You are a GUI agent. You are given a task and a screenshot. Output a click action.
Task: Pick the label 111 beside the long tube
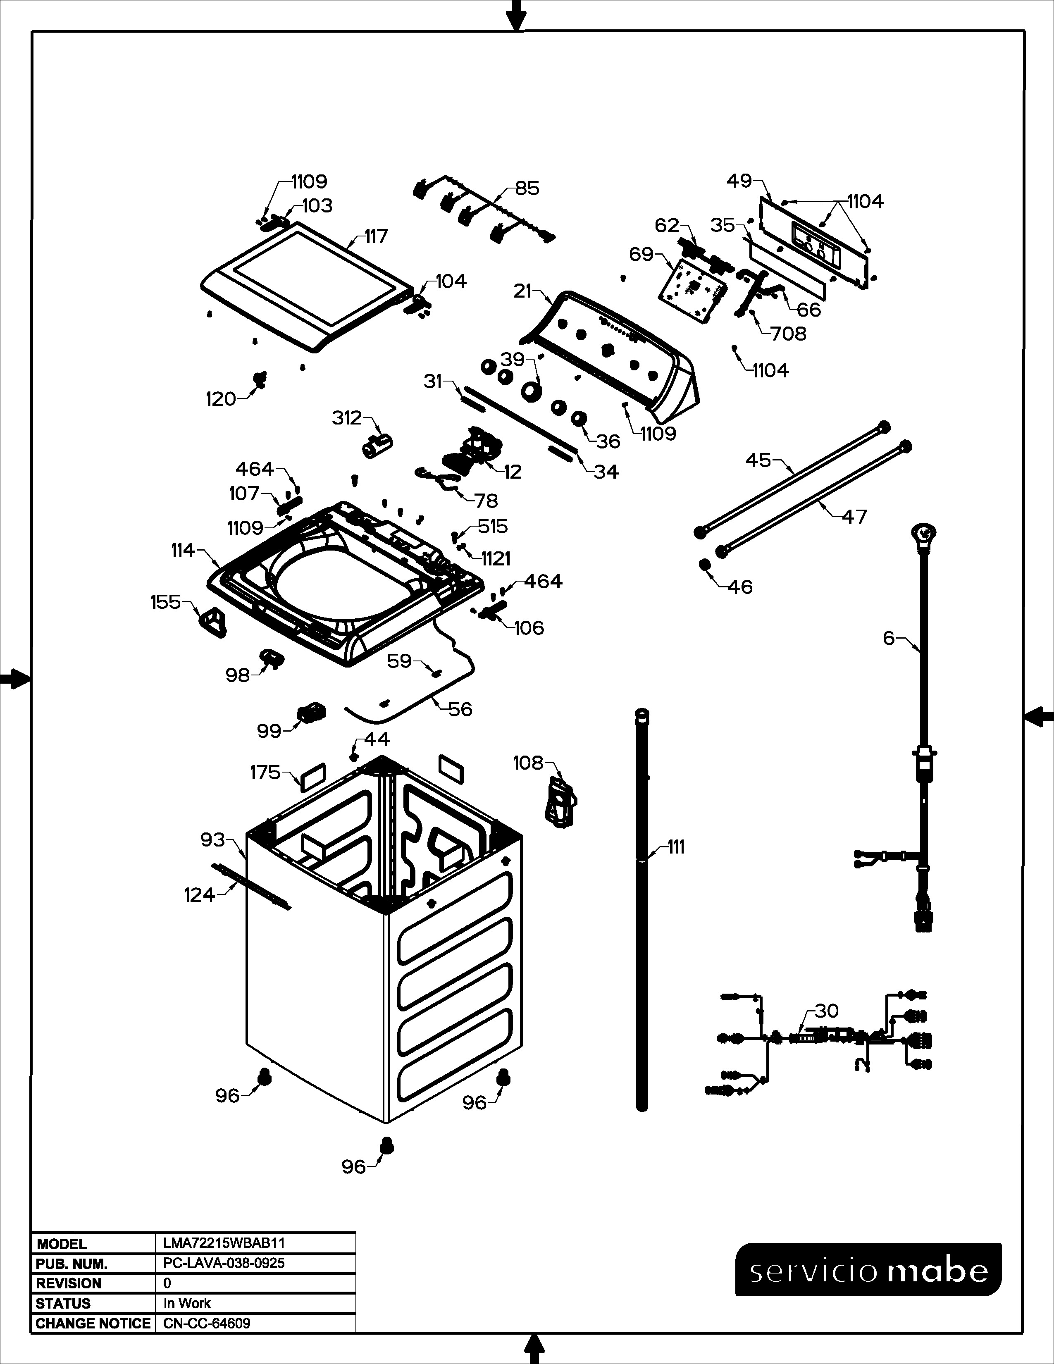[676, 847]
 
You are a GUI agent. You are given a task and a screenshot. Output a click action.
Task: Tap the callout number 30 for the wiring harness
[827, 1011]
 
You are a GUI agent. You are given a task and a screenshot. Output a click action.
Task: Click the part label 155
[165, 602]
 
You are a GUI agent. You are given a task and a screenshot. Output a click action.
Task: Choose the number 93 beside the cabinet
[212, 839]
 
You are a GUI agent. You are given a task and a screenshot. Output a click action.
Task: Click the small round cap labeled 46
[705, 565]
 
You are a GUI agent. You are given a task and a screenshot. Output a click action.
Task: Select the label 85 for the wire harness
[527, 188]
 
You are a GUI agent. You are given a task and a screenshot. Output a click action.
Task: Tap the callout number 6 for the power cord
[889, 638]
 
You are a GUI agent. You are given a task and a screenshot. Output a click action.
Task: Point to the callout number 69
[641, 254]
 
